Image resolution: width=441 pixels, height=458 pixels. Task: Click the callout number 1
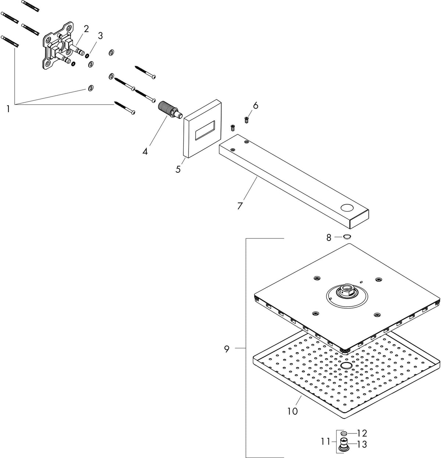click(x=8, y=109)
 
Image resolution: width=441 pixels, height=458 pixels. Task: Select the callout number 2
click(x=86, y=29)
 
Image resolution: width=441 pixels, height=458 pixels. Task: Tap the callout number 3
click(x=100, y=36)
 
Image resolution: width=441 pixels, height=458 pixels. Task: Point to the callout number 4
click(x=145, y=151)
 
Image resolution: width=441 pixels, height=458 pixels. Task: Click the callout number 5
click(x=178, y=169)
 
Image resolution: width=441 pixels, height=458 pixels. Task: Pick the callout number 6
click(x=256, y=106)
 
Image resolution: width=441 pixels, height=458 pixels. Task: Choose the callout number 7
click(x=240, y=206)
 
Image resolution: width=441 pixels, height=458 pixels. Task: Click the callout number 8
click(x=329, y=238)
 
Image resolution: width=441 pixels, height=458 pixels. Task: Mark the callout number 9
click(x=227, y=349)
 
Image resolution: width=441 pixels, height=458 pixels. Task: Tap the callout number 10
click(x=293, y=411)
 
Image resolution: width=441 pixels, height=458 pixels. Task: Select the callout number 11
click(x=326, y=442)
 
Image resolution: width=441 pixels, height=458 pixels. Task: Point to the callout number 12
click(x=362, y=433)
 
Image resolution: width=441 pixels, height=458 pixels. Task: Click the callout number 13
click(x=362, y=444)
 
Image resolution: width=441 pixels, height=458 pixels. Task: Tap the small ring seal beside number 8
click(x=347, y=236)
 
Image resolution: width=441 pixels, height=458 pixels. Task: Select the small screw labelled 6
click(x=247, y=120)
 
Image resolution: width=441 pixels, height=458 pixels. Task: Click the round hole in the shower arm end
click(x=347, y=208)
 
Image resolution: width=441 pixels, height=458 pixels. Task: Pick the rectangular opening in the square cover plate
click(x=205, y=130)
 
